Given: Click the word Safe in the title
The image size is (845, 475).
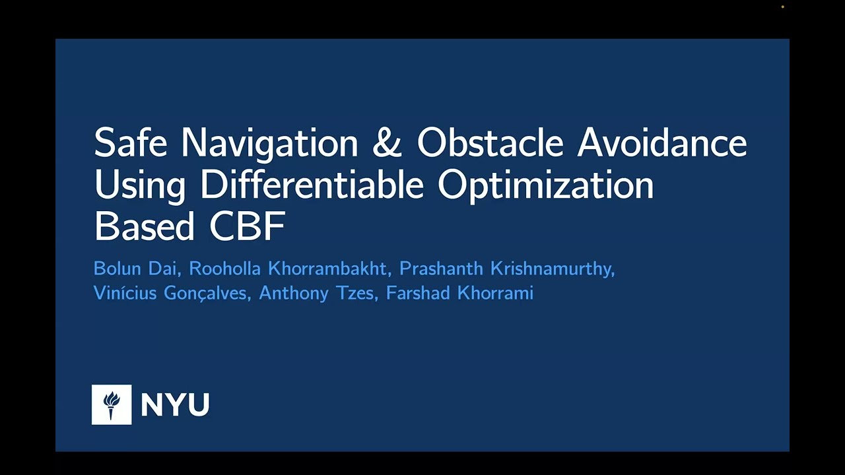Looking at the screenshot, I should click(131, 142).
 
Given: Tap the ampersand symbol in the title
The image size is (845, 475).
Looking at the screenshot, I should click(387, 142).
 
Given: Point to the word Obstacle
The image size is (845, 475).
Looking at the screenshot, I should click(490, 142).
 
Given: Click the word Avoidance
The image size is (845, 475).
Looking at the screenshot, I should click(662, 142).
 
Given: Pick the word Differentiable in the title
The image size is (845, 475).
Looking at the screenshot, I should click(312, 185).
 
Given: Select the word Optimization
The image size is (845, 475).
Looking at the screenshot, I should click(545, 185).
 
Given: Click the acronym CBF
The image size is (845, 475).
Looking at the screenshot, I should click(247, 226).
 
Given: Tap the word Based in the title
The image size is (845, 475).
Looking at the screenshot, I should click(145, 226).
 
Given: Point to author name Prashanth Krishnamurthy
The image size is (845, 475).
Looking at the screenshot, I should click(506, 269).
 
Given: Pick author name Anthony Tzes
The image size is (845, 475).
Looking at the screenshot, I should click(318, 293).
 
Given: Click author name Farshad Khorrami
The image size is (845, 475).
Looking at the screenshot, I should click(459, 293).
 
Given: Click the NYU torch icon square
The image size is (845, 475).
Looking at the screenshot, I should click(112, 404).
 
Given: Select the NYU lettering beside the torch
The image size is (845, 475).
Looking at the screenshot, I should click(175, 404).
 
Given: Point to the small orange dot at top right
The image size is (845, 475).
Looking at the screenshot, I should click(783, 7).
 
